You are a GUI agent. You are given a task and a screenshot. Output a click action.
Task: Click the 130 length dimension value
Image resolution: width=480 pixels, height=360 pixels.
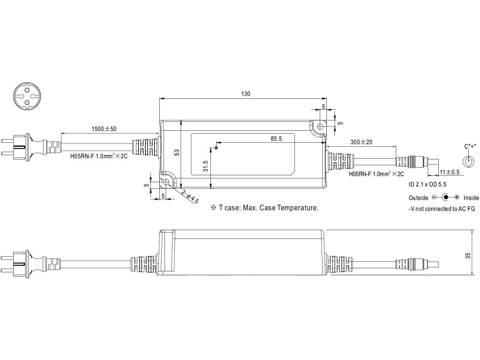point(246,94)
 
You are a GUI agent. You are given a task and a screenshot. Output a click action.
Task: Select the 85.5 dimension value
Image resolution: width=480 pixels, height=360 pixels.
point(276,139)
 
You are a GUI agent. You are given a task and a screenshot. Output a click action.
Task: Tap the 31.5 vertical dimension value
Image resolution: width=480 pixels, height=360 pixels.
point(205,166)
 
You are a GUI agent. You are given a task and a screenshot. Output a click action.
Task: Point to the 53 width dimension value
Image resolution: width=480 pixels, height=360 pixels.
point(177,152)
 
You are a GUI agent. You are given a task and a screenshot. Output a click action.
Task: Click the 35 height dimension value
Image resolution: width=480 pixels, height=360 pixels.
point(468,255)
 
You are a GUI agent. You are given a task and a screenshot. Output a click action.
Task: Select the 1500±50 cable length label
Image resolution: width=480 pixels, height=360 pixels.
point(104,129)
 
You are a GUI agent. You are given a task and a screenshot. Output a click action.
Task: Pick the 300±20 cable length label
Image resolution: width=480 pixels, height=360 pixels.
point(361,142)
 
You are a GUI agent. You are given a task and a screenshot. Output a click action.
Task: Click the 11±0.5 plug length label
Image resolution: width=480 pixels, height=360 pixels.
point(450,172)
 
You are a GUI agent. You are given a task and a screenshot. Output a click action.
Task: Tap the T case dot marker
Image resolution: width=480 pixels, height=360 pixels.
point(216,148)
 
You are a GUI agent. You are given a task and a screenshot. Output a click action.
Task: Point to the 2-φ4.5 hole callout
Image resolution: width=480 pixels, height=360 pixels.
point(190,197)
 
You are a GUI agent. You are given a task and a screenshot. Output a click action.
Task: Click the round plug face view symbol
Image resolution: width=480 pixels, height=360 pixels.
point(26,95)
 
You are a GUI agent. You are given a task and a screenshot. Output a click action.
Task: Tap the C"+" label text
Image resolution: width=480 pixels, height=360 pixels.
point(470,146)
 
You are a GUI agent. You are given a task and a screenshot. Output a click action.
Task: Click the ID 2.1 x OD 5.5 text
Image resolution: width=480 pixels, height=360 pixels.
point(427,184)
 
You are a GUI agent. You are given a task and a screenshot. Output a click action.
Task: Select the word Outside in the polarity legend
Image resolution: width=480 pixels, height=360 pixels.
point(418,198)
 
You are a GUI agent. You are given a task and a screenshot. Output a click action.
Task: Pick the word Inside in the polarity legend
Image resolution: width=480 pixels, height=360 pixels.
point(471,198)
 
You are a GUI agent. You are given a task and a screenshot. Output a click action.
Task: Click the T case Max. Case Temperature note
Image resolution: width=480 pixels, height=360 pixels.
point(264,208)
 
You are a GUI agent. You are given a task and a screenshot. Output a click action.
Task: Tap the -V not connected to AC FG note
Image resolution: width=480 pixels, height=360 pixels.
point(442,209)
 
